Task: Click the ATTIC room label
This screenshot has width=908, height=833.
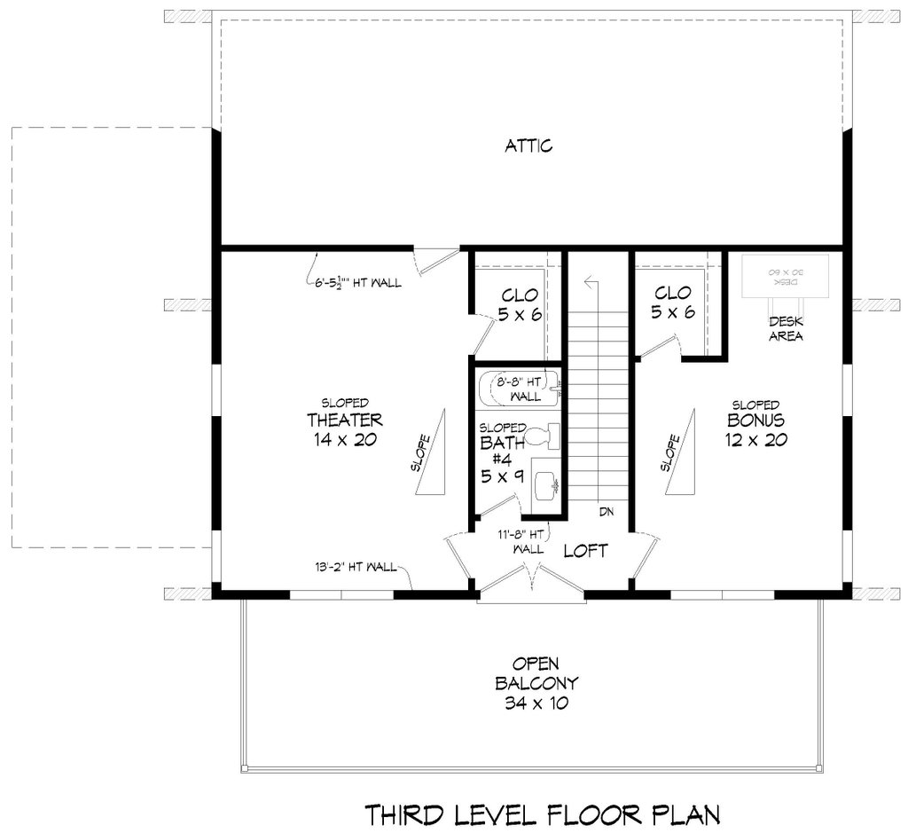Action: pos(528,145)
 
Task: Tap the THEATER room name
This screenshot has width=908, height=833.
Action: pos(344,420)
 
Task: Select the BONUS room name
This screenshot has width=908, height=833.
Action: pos(755,420)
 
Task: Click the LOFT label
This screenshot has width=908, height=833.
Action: pos(586,551)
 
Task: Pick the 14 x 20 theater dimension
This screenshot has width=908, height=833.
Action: pos(344,440)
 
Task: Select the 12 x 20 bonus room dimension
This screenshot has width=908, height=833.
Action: pos(755,440)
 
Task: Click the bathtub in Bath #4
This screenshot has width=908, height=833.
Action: pos(519,389)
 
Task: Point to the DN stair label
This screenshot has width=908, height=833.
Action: pos(607,512)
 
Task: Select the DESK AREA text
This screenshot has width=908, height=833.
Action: pos(786,329)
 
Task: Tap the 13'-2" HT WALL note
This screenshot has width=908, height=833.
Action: pos(354,568)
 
